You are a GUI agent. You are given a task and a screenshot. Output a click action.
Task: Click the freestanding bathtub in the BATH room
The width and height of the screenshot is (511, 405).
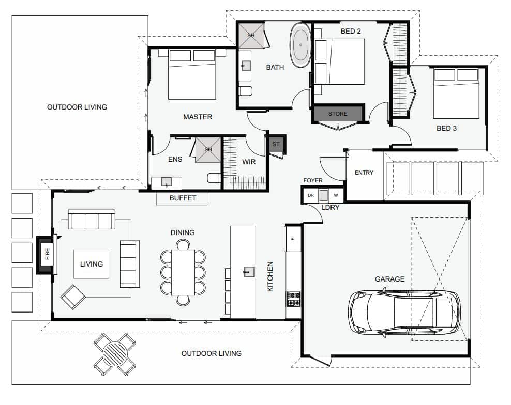pyautogui.click(x=300, y=45)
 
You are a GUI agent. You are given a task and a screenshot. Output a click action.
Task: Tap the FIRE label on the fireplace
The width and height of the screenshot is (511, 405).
pyautogui.click(x=48, y=254)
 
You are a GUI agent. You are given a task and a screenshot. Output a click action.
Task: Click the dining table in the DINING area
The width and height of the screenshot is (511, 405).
pyautogui.click(x=183, y=272)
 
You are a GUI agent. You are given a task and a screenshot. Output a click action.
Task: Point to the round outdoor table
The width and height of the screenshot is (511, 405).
pyautogui.click(x=115, y=354)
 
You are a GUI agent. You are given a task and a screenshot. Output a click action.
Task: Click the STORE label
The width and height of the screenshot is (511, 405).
pyautogui.click(x=338, y=114)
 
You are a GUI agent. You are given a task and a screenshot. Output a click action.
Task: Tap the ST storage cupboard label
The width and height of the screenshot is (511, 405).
pyautogui.click(x=276, y=144)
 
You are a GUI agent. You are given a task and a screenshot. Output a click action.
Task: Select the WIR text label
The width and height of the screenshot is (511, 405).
pyautogui.click(x=249, y=162)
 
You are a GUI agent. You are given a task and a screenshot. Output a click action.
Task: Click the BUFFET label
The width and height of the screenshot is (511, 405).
pyautogui.click(x=183, y=198)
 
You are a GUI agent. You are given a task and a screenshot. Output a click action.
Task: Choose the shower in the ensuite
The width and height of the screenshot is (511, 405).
pyautogui.click(x=208, y=150)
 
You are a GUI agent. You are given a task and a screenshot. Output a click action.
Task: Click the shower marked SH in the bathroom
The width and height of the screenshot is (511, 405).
pyautogui.click(x=251, y=35)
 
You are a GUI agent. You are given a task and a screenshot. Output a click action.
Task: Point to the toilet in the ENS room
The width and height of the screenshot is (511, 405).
pyautogui.click(x=214, y=178)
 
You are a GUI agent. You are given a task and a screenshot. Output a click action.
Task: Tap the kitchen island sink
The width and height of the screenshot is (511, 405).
pyautogui.click(x=249, y=272)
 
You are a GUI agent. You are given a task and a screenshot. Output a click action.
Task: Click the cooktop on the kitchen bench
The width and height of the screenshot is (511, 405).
pyautogui.click(x=293, y=299)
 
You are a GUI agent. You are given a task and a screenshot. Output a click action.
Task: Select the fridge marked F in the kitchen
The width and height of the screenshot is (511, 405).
pyautogui.click(x=292, y=239)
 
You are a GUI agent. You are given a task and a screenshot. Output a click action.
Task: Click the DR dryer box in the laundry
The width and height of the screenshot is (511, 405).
pyautogui.click(x=310, y=195)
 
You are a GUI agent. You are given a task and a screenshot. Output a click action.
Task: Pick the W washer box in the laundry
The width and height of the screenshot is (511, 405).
pyautogui.click(x=336, y=195)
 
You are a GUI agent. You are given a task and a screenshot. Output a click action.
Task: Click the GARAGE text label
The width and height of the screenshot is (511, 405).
pyautogui.click(x=389, y=279)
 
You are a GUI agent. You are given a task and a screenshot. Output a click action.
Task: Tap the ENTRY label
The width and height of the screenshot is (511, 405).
pyautogui.click(x=364, y=173)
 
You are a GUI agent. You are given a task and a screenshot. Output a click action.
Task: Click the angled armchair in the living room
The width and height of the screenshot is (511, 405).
pyautogui.click(x=73, y=297)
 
